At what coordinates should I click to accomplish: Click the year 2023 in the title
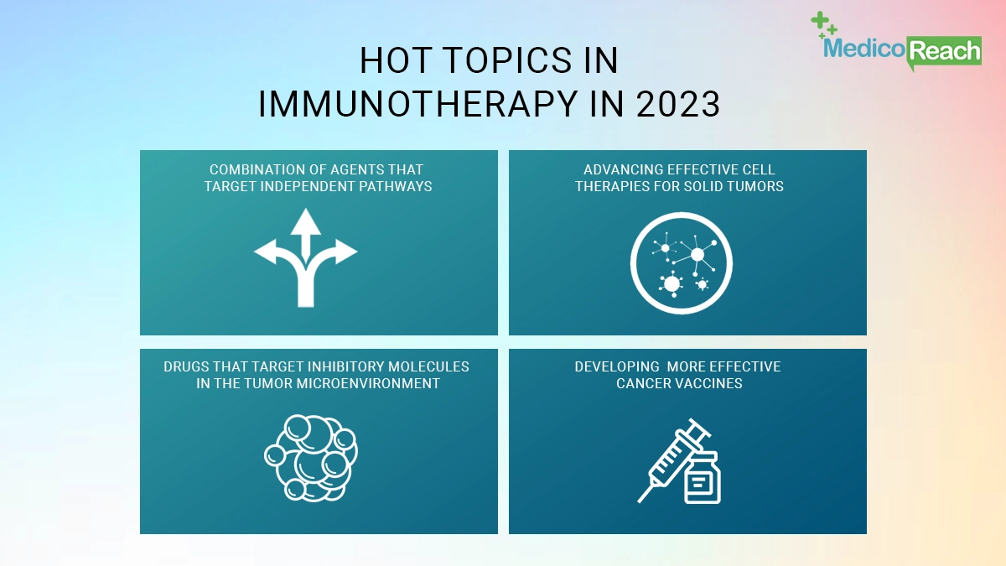(677, 104)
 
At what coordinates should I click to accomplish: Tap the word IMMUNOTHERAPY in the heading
(418, 104)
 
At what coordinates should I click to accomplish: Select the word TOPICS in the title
(511, 60)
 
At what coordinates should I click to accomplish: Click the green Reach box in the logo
(944, 51)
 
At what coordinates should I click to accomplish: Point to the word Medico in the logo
(864, 48)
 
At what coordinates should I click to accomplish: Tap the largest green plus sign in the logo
(819, 19)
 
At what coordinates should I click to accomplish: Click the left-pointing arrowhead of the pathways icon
(266, 252)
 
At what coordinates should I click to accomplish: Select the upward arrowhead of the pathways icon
(306, 221)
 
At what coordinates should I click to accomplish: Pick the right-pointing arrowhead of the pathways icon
(346, 252)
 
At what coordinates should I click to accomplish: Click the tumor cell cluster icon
(311, 458)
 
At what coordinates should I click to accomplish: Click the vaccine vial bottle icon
(703, 478)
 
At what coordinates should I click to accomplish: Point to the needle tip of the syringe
(639, 501)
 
